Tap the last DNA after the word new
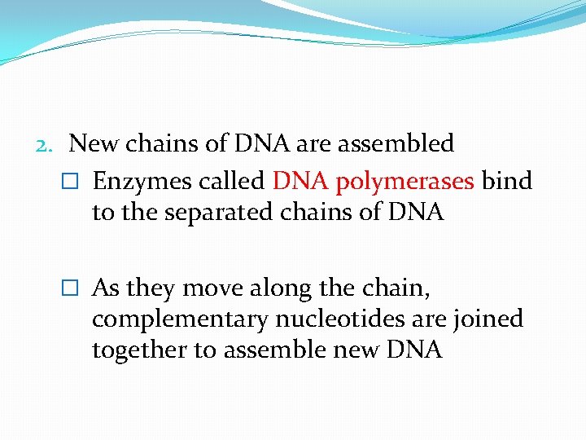tap(414, 350)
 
